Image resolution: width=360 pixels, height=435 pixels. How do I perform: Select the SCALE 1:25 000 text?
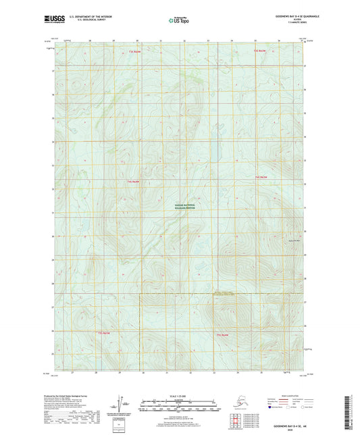coord(180,395)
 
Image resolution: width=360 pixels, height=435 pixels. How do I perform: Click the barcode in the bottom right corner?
coord(349,413)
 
